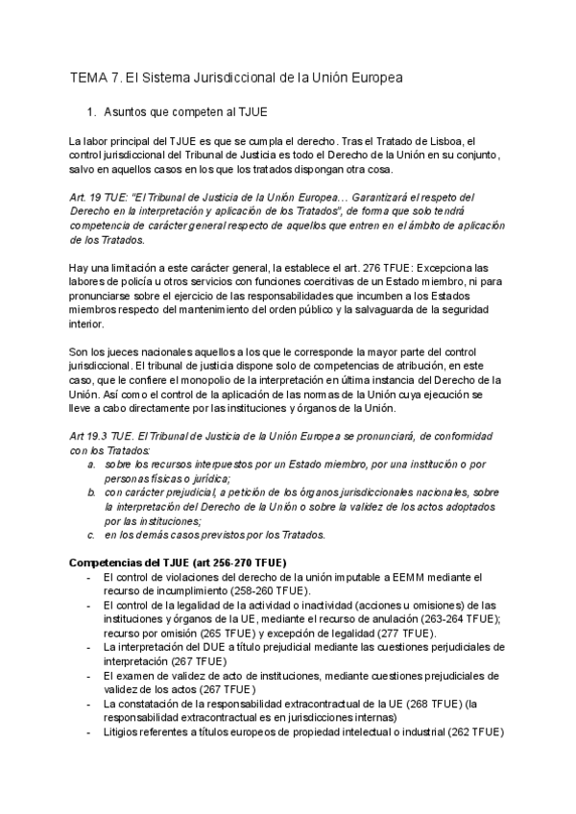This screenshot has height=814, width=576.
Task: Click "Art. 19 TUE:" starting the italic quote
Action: tap(104, 197)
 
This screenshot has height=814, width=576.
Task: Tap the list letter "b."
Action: tap(90, 492)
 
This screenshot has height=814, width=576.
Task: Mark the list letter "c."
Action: tap(90, 535)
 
